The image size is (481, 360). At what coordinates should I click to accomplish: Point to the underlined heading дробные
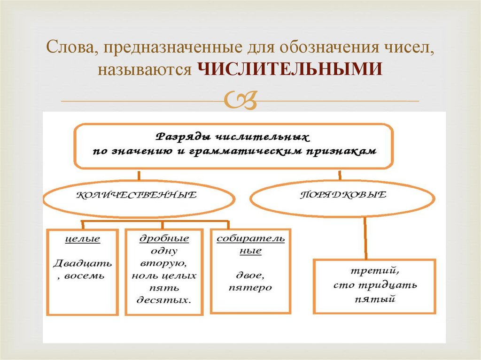(x=164, y=238)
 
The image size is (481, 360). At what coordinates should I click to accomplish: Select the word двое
(x=250, y=275)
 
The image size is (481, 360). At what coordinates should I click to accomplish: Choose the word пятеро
(x=250, y=287)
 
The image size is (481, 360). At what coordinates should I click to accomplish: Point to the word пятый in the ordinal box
(x=375, y=298)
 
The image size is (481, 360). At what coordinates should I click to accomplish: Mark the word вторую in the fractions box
(x=164, y=263)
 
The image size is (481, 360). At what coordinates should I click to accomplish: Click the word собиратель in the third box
(x=250, y=238)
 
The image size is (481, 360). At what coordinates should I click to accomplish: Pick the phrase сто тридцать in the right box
(x=375, y=285)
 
